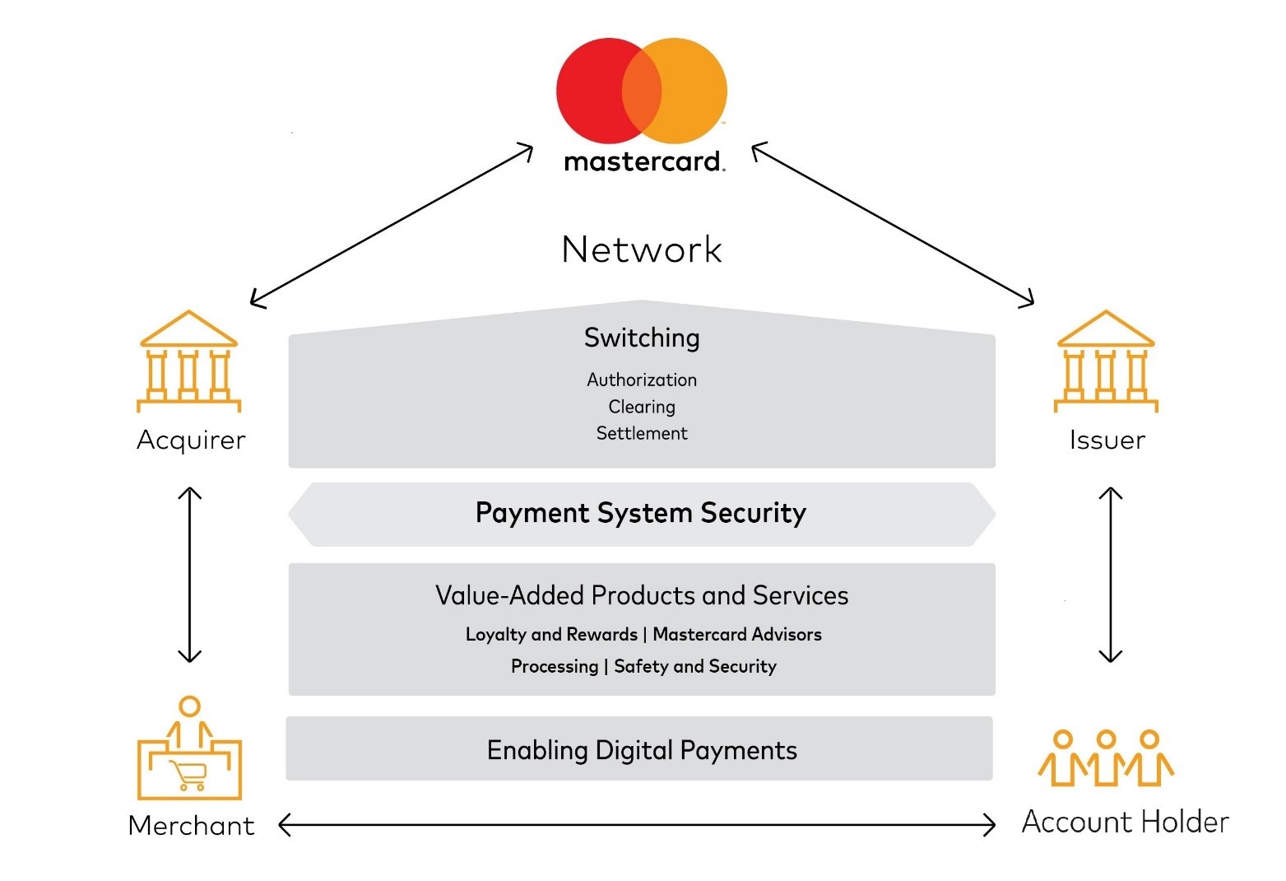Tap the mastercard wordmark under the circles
[643, 161]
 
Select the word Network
[642, 249]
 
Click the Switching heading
[642, 338]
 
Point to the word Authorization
[642, 380]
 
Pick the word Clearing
[642, 407]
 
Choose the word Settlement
[642, 433]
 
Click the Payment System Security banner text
[641, 513]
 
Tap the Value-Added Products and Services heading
[642, 595]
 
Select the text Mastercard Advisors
[737, 634]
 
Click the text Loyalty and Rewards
[551, 634]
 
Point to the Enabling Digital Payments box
[641, 750]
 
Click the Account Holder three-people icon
[1106, 758]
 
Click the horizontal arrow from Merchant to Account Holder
[637, 824]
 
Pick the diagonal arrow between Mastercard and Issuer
[893, 224]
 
